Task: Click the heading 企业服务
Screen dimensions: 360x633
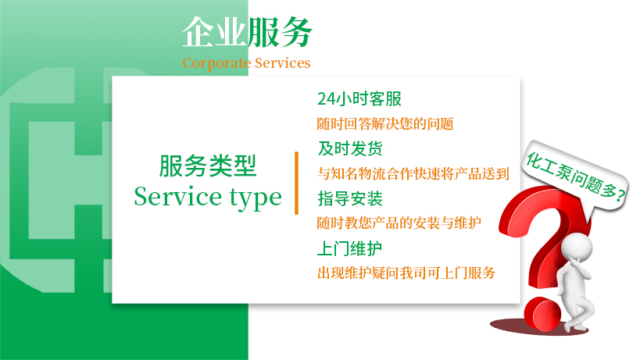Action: (x=247, y=33)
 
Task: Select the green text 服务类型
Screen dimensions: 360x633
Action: (x=207, y=166)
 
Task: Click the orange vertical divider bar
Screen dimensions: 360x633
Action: (x=297, y=183)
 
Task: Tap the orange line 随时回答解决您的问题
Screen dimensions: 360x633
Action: (x=385, y=123)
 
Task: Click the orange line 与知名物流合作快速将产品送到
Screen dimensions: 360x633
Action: (x=413, y=173)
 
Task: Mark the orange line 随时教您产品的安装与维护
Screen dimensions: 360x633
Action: (x=399, y=223)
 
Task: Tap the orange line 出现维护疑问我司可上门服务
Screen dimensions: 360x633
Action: (x=406, y=273)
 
